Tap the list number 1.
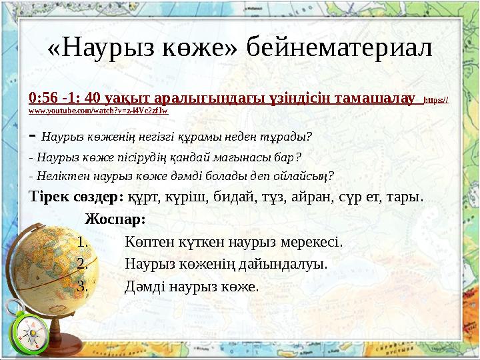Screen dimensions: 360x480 click(x=83, y=241)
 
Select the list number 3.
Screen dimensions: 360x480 click(x=83, y=287)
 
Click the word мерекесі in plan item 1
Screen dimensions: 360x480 click(x=310, y=241)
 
